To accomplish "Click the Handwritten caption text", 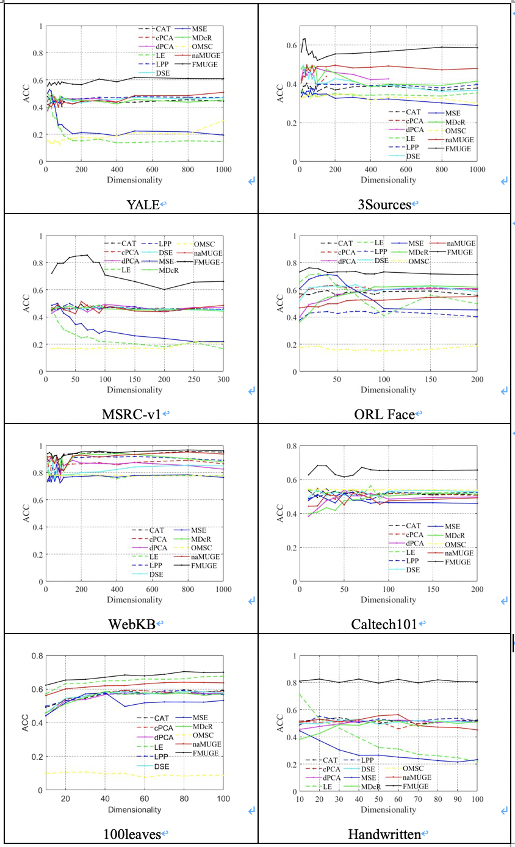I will [384, 834].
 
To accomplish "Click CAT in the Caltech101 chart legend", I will [414, 525].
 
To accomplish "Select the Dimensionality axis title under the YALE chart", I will [134, 179].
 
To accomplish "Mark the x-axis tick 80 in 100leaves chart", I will [184, 799].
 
